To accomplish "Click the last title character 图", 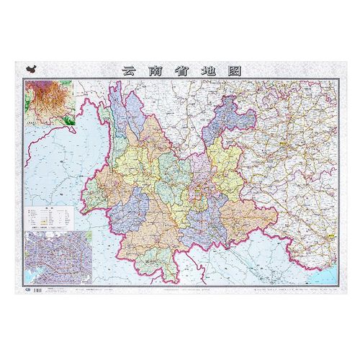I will pos(235,71).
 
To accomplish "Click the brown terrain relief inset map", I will pos(50,104).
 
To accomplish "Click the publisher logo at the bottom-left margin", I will pos(27,290).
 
